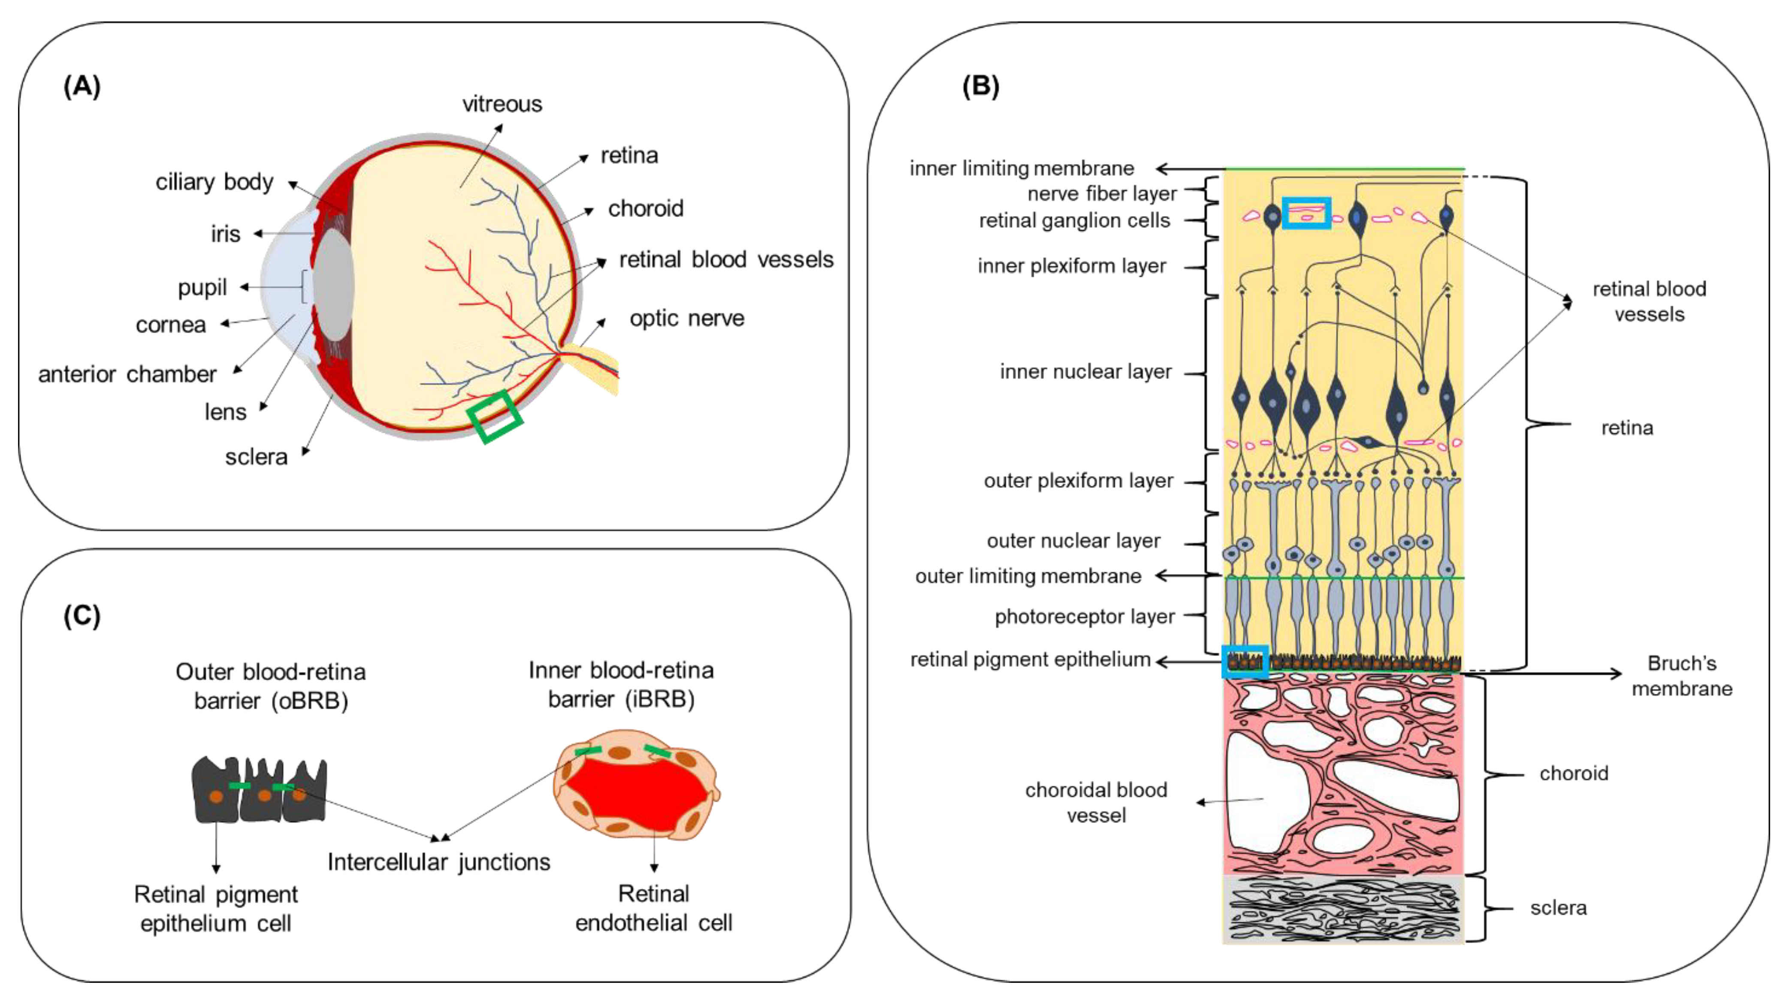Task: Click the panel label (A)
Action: (x=82, y=87)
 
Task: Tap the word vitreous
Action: (x=502, y=104)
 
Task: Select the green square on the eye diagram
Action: (x=495, y=416)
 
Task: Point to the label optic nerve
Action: (x=686, y=319)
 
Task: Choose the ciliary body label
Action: (x=214, y=182)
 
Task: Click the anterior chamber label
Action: (x=127, y=374)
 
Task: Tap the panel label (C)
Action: (x=82, y=616)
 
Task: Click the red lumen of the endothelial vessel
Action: (x=635, y=791)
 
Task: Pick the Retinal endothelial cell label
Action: (x=653, y=908)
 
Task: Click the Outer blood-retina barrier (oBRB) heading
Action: (x=271, y=686)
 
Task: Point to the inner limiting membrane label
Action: (x=1021, y=169)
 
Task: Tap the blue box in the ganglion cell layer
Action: (x=1305, y=213)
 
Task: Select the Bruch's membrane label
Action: (x=1681, y=675)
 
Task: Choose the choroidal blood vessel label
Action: (x=1096, y=802)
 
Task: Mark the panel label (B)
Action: (x=980, y=87)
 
